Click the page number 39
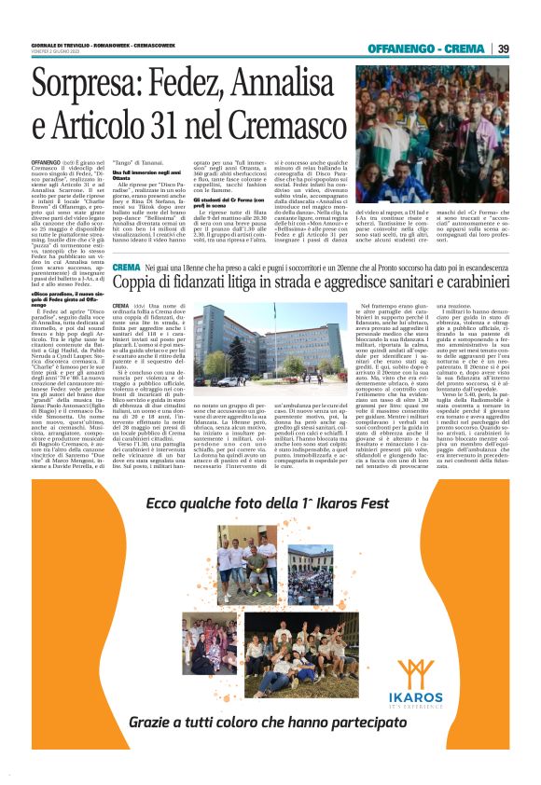503,48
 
